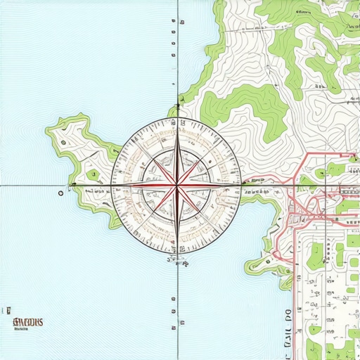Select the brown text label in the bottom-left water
coord(27,323)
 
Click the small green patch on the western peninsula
coord(91,174)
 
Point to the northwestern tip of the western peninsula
coord(49,130)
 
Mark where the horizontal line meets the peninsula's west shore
coord(76,185)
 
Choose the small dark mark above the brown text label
coord(11,309)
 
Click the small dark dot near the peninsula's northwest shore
coord(63,143)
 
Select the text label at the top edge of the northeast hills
coord(302,12)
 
